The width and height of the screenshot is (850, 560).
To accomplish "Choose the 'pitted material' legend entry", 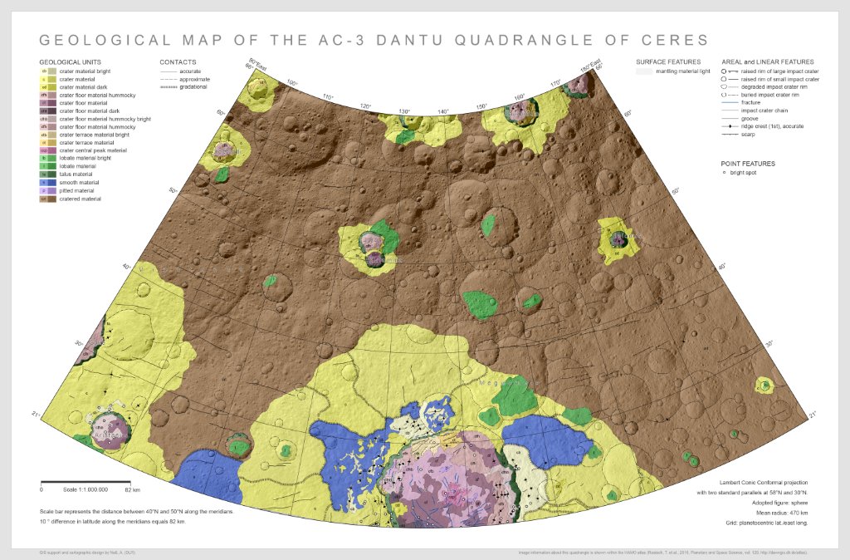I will pyautogui.click(x=76, y=190).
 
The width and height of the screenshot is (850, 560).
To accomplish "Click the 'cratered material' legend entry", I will pyautogui.click(x=80, y=199).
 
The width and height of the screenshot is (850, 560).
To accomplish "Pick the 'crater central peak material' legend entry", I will pyautogui.click(x=92, y=150).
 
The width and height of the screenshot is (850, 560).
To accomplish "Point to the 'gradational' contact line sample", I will pyautogui.click(x=169, y=87).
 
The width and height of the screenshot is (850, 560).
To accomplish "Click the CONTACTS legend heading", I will pyautogui.click(x=178, y=62).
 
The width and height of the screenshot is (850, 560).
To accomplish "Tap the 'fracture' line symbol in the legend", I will pyautogui.click(x=730, y=103).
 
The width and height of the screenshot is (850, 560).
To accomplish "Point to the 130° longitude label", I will pyautogui.click(x=404, y=111).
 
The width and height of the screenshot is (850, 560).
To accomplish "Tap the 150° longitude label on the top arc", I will pyautogui.click(x=481, y=106).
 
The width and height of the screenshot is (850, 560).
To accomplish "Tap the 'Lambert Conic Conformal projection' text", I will pyautogui.click(x=763, y=482).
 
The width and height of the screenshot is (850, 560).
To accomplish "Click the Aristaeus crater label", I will pyautogui.click(x=109, y=435).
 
